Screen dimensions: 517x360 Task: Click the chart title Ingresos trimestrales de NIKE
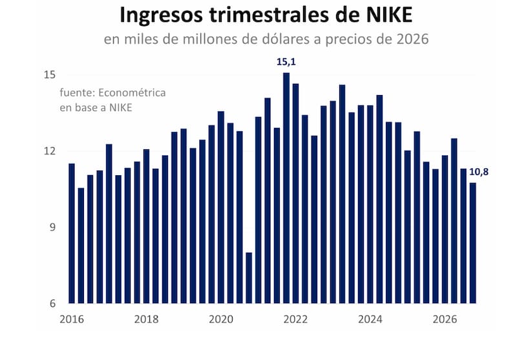pos(266,16)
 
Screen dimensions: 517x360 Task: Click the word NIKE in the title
pos(389,15)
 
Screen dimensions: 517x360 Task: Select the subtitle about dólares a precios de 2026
pos(266,39)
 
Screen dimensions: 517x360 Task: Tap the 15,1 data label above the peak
pos(286,62)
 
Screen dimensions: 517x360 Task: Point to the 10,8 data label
pos(479,172)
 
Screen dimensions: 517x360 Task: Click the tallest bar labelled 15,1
pos(286,188)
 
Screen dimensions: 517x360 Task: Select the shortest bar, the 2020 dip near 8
pos(249,278)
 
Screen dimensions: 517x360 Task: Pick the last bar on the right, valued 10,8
pos(473,243)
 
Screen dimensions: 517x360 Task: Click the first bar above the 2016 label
pos(72,233)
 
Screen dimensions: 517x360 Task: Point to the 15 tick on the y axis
pos(50,75)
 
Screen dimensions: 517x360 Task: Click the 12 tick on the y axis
pos(50,151)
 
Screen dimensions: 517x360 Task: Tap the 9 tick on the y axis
pos(53,227)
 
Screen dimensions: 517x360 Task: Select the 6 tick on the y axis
pos(53,303)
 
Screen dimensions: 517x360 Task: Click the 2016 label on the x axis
pos(72,319)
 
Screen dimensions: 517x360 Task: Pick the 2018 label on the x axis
pos(147,319)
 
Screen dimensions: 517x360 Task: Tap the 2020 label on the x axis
pos(221,319)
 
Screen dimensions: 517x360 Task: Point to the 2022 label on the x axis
pos(295,319)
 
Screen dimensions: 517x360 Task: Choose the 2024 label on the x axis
pos(370,319)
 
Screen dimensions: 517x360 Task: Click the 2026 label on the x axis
pos(445,319)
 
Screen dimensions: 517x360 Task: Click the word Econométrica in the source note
pos(132,92)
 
